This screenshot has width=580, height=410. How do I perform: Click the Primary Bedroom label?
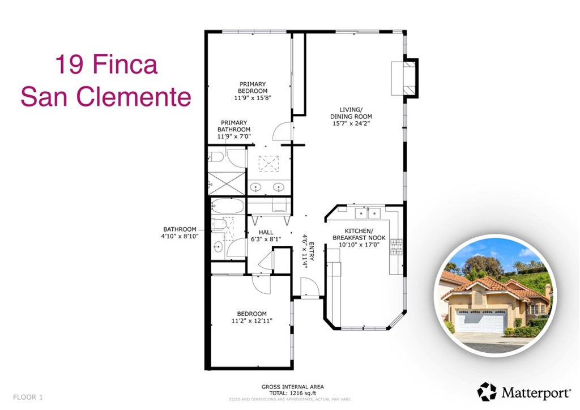click(253, 87)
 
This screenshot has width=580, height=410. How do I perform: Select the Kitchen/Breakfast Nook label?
click(359, 234)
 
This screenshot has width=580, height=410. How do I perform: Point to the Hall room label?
click(266, 232)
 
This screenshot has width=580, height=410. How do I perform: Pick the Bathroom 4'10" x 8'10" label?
click(181, 233)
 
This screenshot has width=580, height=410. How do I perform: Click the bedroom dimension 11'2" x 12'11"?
click(252, 321)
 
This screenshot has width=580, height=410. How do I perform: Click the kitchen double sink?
click(367, 213)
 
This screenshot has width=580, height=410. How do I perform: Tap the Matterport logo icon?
click(487, 391)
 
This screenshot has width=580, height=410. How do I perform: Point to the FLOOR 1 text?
click(28, 396)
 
